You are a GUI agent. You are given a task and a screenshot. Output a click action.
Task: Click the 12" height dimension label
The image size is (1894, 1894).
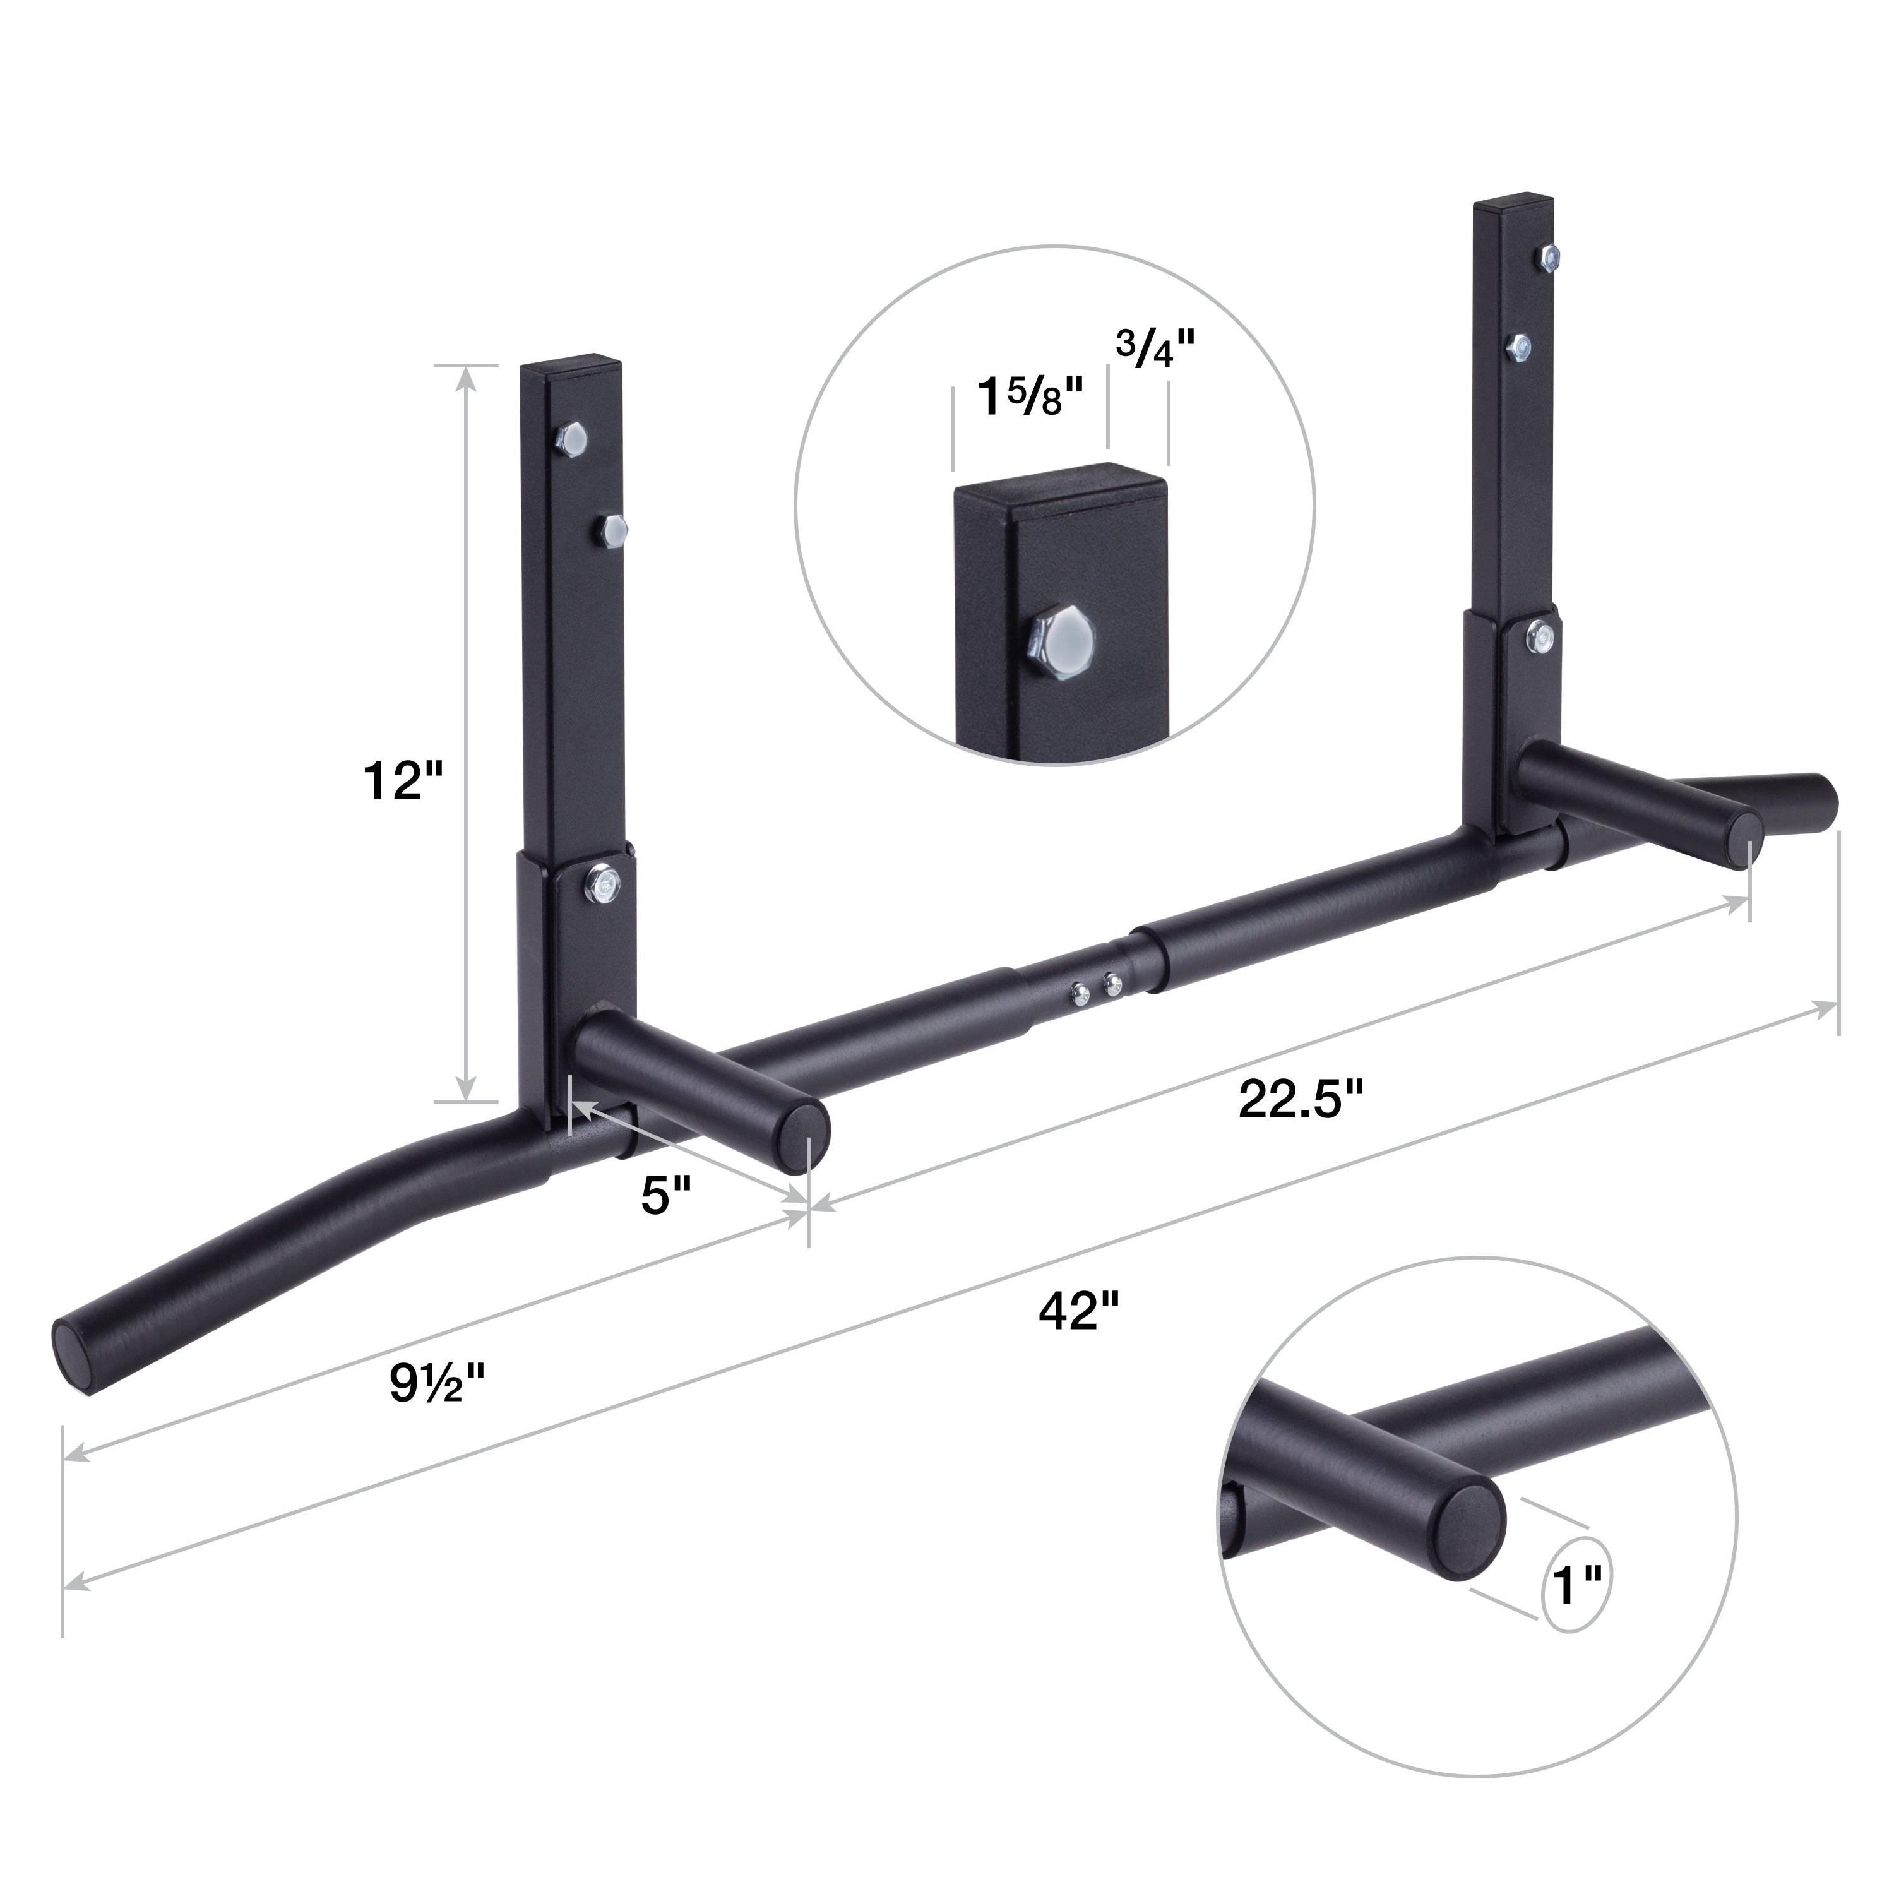(403, 782)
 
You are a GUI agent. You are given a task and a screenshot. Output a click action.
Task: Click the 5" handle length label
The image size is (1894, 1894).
(667, 1196)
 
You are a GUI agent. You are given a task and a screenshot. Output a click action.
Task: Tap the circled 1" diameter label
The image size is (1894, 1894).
(1577, 1586)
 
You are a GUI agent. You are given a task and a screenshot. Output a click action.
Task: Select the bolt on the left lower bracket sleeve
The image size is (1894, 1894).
(600, 887)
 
